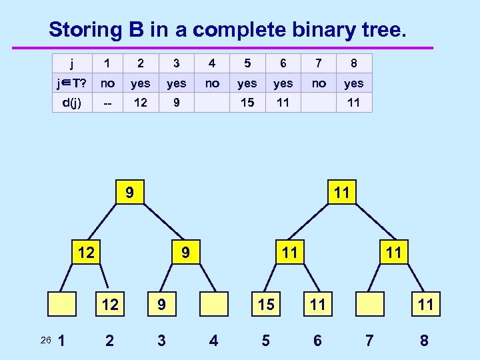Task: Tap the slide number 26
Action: [x=45, y=341]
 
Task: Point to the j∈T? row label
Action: [x=71, y=83]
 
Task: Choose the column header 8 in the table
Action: [x=353, y=64]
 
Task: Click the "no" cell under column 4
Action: [x=212, y=83]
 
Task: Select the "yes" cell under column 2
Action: [x=140, y=83]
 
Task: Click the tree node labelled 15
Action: [x=265, y=305]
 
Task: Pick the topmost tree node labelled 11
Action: [x=341, y=193]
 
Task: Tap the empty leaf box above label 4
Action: [x=213, y=305]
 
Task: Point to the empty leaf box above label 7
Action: [x=370, y=305]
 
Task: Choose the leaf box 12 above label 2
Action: [x=109, y=305]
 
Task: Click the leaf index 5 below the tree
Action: [x=265, y=341]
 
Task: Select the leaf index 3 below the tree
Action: [x=161, y=341]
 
